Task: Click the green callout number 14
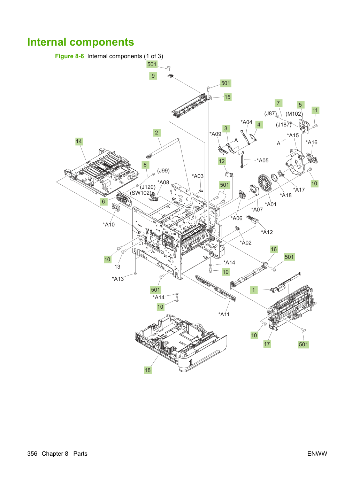[79, 141]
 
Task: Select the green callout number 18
[148, 370]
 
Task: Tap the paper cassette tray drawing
[181, 342]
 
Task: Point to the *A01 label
[270, 204]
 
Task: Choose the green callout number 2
[156, 133]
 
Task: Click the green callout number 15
[228, 97]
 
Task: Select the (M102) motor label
[294, 114]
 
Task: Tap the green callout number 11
[315, 110]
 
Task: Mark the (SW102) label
[141, 193]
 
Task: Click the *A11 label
[224, 315]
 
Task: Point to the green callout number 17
[267, 344]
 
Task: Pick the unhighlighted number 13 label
[117, 266]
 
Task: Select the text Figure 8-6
[69, 56]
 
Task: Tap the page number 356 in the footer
[32, 454]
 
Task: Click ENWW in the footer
[317, 454]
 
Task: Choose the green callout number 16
[274, 249]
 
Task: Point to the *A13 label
[118, 279]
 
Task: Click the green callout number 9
[153, 76]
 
